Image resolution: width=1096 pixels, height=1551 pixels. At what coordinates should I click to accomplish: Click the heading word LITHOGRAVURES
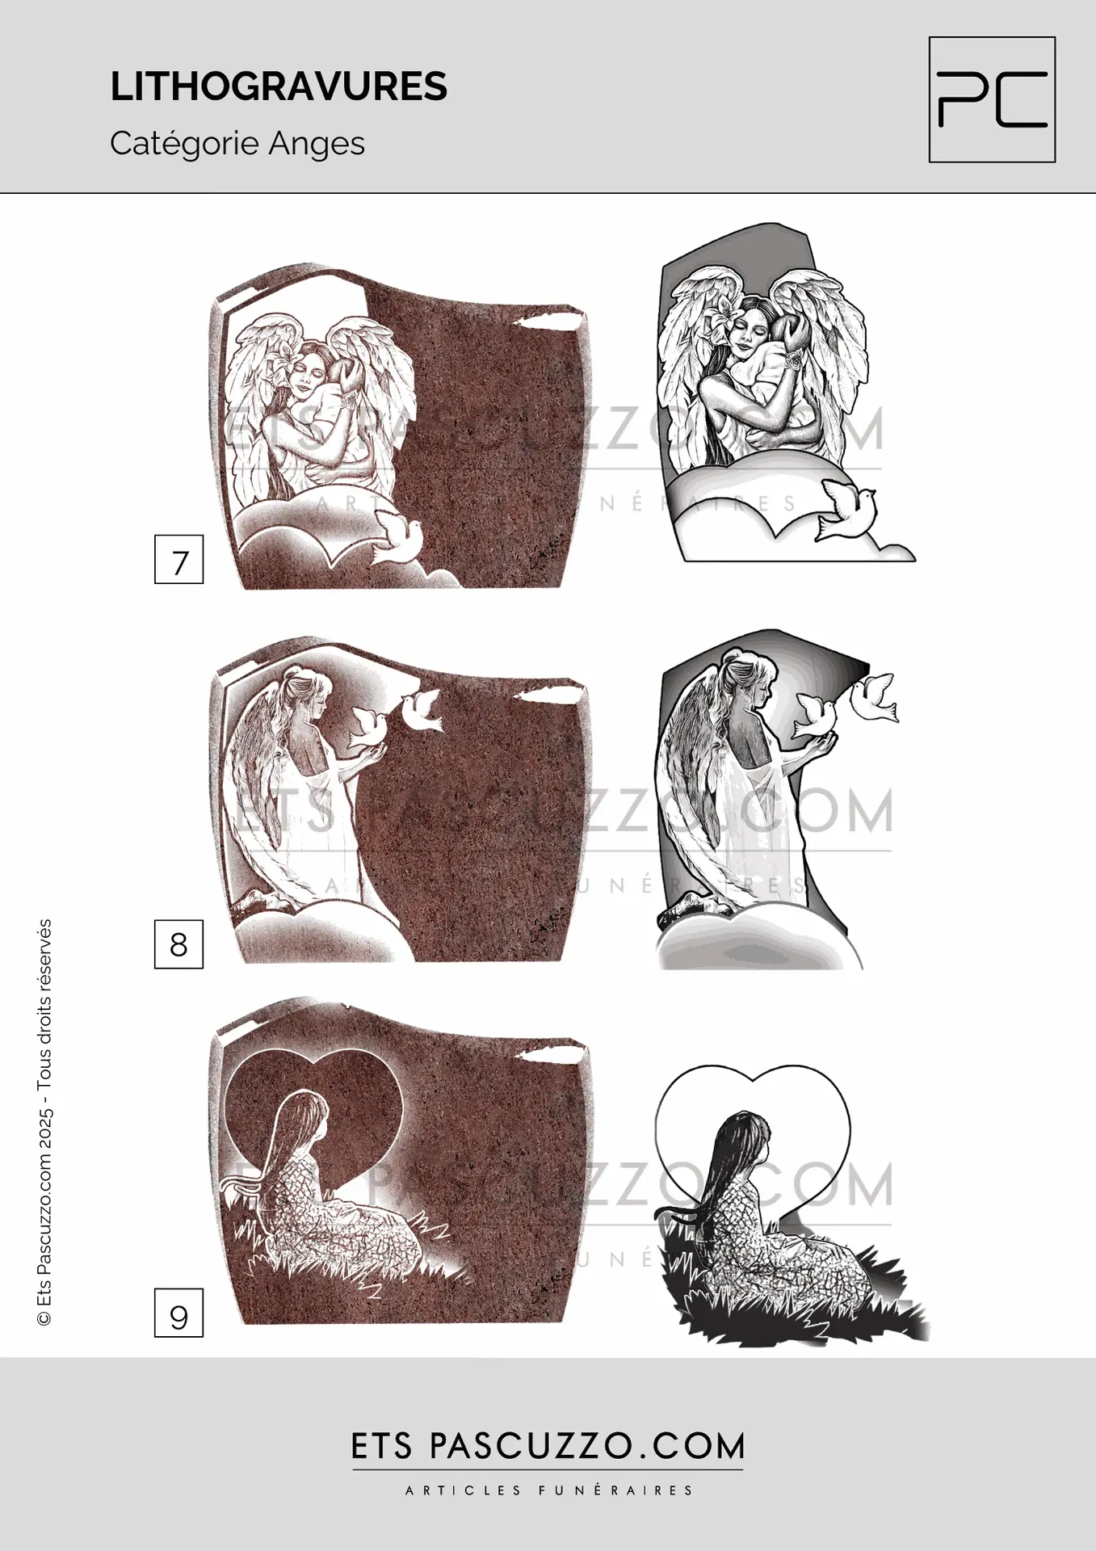click(279, 87)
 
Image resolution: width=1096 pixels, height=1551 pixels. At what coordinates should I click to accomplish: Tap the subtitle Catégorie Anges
click(237, 144)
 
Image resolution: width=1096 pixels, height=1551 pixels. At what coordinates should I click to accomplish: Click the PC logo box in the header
click(992, 99)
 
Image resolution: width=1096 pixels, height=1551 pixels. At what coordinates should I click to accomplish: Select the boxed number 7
click(178, 559)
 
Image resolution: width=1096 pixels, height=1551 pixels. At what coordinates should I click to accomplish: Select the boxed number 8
click(178, 944)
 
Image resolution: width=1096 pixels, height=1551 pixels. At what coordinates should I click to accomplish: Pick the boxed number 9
click(178, 1313)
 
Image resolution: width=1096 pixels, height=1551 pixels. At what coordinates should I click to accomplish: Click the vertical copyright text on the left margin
click(45, 1123)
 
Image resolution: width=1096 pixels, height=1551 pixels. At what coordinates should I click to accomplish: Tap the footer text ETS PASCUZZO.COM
click(548, 1447)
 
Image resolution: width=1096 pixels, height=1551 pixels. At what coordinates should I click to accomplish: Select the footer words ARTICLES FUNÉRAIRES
click(548, 1490)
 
